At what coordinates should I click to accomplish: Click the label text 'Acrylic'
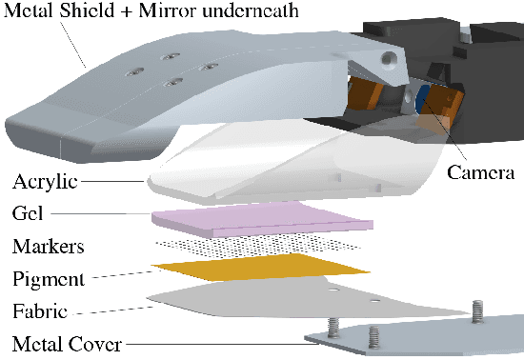[x=45, y=181]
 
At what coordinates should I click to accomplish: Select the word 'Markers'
[x=49, y=247]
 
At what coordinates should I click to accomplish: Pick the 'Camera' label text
[x=482, y=173]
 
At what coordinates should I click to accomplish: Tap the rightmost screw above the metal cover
[x=476, y=310]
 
